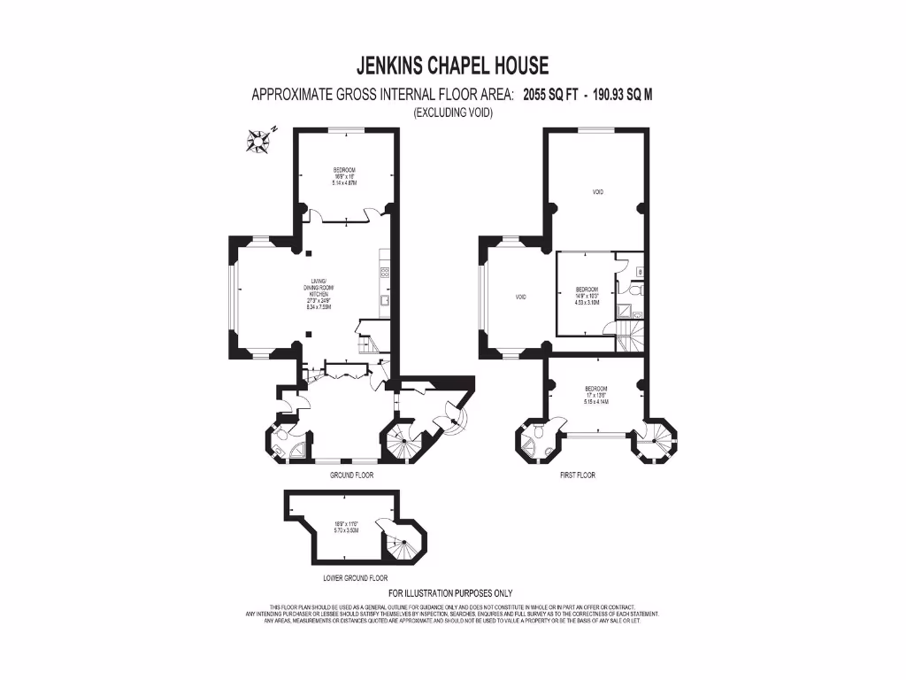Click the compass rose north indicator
(x=259, y=139)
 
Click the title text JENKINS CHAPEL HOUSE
(x=452, y=66)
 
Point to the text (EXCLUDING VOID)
(x=452, y=112)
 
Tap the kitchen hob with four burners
(x=385, y=262)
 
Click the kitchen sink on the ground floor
(x=386, y=300)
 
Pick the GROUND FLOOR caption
(x=351, y=475)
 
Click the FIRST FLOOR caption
(x=578, y=475)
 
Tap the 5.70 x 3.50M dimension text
(x=344, y=529)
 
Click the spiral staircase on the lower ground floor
(x=395, y=539)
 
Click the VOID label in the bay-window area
(x=521, y=297)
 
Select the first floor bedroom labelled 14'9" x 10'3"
(x=587, y=295)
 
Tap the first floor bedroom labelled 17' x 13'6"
(x=596, y=395)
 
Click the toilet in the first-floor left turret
(x=537, y=436)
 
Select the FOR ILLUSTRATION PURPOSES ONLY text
(x=450, y=593)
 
